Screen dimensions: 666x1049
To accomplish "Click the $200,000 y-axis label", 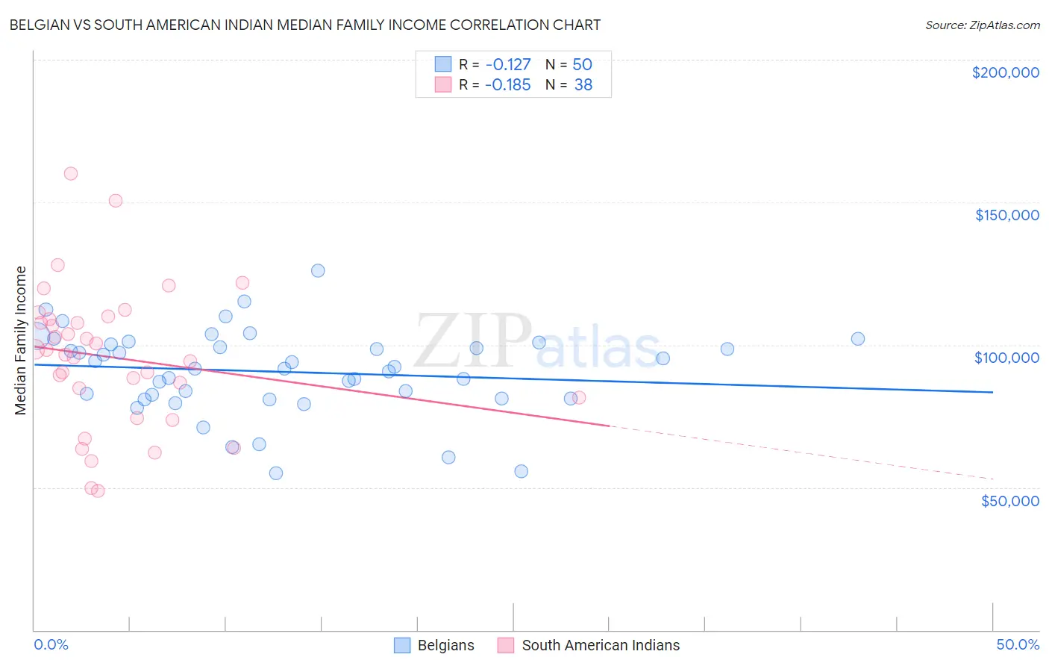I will point(1005,72).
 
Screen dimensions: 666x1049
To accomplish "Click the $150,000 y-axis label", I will point(1006,215).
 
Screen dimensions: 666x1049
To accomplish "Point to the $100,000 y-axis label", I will point(1006,358).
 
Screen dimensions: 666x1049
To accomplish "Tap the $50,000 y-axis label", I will point(1009,500).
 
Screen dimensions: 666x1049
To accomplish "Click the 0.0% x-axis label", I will point(51,644).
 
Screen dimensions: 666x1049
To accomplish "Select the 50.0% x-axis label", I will point(1018,644).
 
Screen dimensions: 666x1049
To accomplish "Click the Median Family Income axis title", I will point(21,340).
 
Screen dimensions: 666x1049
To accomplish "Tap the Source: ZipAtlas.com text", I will point(982,25).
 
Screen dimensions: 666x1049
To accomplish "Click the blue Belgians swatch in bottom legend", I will point(402,645).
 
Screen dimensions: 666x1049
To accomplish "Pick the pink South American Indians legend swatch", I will point(506,645).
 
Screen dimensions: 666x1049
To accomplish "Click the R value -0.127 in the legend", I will point(507,64).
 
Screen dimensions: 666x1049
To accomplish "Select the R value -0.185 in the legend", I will point(507,85).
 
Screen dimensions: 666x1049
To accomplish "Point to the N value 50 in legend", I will point(582,64).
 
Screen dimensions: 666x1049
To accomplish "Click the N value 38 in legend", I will point(583,85).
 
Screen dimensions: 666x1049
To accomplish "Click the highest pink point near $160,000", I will point(71,173).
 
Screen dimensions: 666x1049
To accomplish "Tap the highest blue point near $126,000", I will point(318,270).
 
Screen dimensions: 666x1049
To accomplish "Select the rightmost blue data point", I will point(858,338).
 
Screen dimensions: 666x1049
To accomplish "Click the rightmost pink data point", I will point(579,397).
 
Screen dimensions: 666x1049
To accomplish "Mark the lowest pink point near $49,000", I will point(98,491).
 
